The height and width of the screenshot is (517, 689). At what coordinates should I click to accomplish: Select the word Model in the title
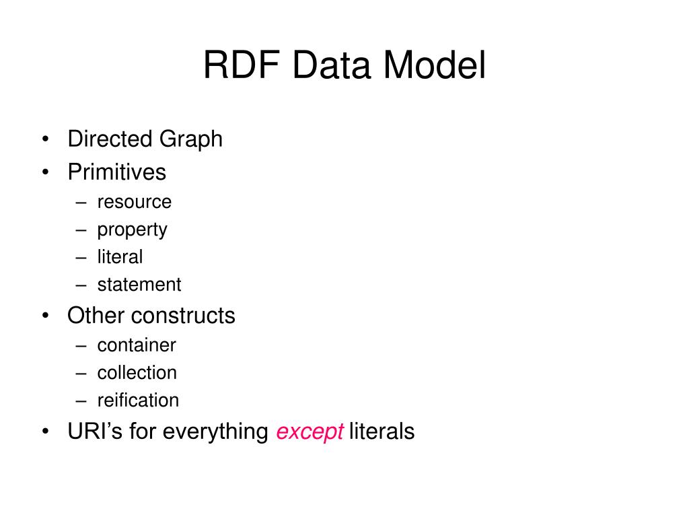pos(434,66)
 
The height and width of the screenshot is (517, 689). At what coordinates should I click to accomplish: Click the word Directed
pos(110,139)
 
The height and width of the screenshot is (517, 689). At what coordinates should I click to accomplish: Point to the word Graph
pos(191,139)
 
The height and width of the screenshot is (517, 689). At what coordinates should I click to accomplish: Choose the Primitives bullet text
pos(116,172)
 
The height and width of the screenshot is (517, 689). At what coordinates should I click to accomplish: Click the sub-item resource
pos(134,202)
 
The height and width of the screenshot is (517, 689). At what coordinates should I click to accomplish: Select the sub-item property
pos(132,230)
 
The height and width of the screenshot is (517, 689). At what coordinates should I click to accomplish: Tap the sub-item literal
pos(120,257)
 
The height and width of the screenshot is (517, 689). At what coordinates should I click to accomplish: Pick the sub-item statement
pos(139,285)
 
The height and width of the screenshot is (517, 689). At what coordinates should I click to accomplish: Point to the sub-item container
pos(137,345)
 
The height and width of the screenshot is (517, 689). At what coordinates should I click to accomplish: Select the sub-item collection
pos(137,373)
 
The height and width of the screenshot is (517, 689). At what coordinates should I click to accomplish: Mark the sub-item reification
pos(138,401)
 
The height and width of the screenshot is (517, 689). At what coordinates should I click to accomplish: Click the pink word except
pos(310,432)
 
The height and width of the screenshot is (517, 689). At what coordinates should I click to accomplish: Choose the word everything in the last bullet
pos(215,432)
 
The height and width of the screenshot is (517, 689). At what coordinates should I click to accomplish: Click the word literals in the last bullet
pos(382,432)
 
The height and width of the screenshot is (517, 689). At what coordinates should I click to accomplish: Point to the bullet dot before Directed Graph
pos(45,140)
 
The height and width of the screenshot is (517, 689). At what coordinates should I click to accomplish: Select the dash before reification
pos(81,401)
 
